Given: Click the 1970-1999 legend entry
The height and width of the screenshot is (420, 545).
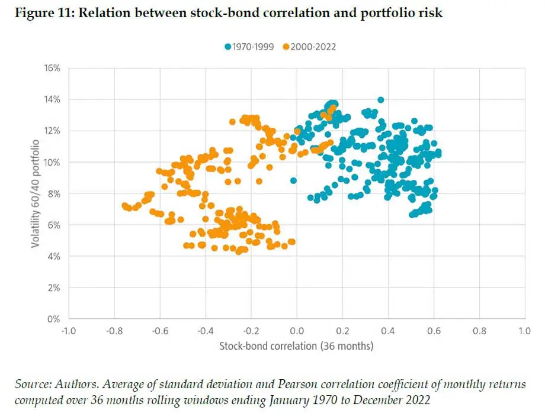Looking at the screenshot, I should [x=249, y=46].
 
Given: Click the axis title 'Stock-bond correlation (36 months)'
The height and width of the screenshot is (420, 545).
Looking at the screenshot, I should [x=296, y=345].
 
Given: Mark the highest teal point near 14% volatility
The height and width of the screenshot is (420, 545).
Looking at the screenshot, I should [x=381, y=100].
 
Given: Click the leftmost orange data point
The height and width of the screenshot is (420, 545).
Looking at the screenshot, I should [x=124, y=205].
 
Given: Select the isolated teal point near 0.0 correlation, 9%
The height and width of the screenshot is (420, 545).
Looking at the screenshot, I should [x=293, y=180].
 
